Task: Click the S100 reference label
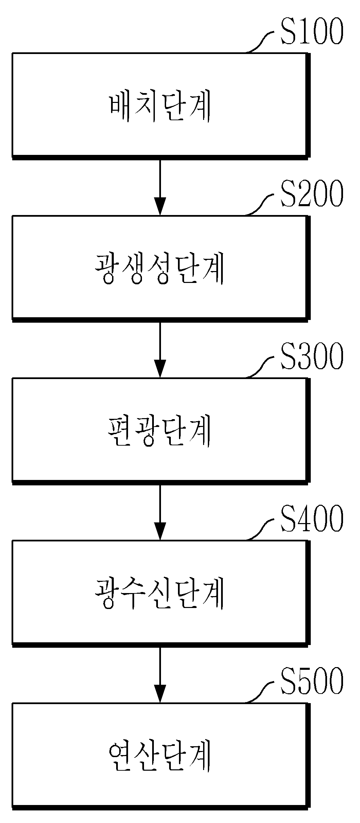pyautogui.click(x=311, y=33)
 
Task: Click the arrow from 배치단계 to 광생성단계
pyautogui.click(x=160, y=187)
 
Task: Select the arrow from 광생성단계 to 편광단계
pyautogui.click(x=160, y=350)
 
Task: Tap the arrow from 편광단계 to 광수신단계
pyautogui.click(x=160, y=512)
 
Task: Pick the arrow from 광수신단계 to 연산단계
pyautogui.click(x=160, y=674)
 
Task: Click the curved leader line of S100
pyautogui.click(x=261, y=42)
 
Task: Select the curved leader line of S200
pyautogui.click(x=261, y=204)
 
